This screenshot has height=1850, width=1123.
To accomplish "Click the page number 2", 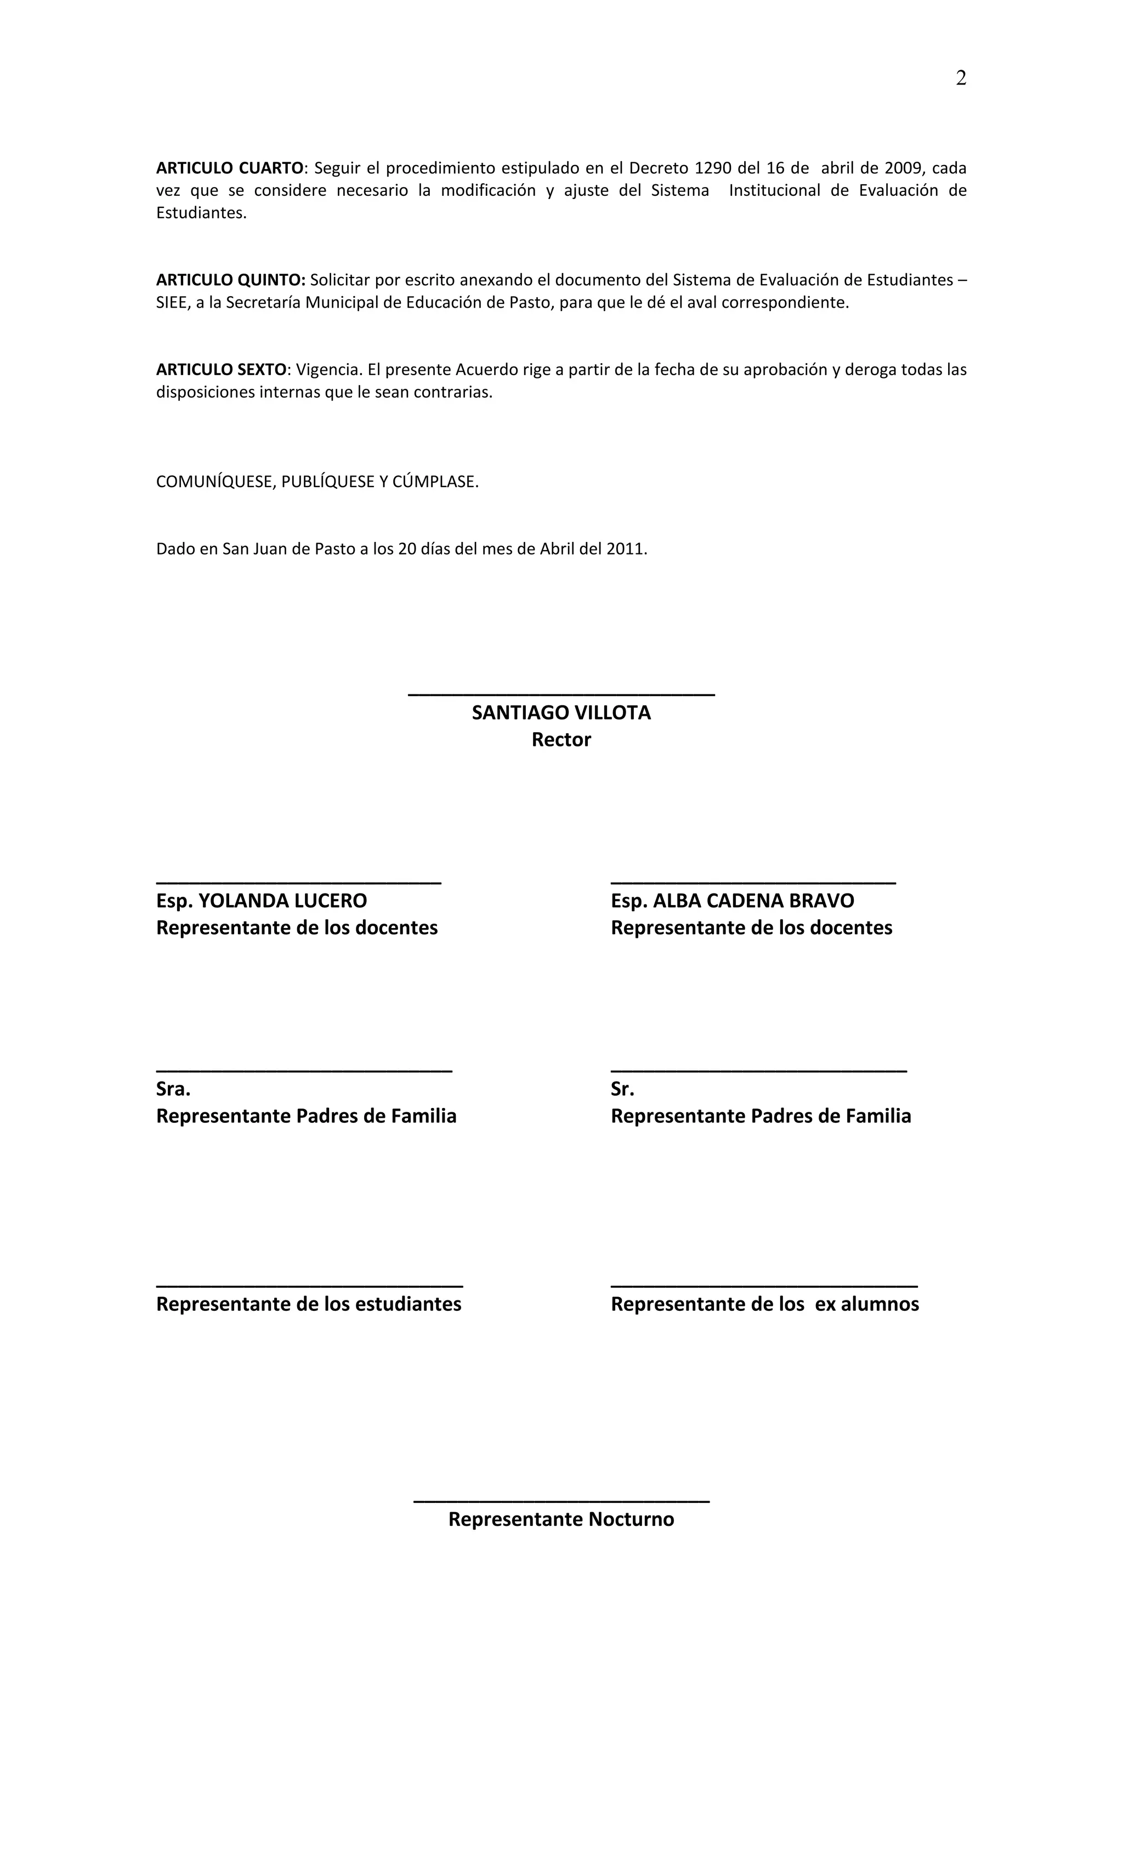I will tap(960, 78).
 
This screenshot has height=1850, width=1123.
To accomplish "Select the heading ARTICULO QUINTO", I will tap(230, 280).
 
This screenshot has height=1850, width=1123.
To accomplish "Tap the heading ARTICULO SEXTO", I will tap(220, 370).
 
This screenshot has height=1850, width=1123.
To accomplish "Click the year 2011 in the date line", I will tap(627, 549).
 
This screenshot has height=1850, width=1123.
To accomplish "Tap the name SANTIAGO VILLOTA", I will tap(561, 712).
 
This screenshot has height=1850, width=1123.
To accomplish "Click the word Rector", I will tap(561, 739).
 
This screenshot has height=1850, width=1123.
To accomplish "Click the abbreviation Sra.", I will tap(173, 1089).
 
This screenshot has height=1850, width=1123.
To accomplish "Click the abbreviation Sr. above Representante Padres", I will tap(622, 1089).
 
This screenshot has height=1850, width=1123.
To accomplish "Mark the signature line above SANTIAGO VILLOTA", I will tap(561, 694).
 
